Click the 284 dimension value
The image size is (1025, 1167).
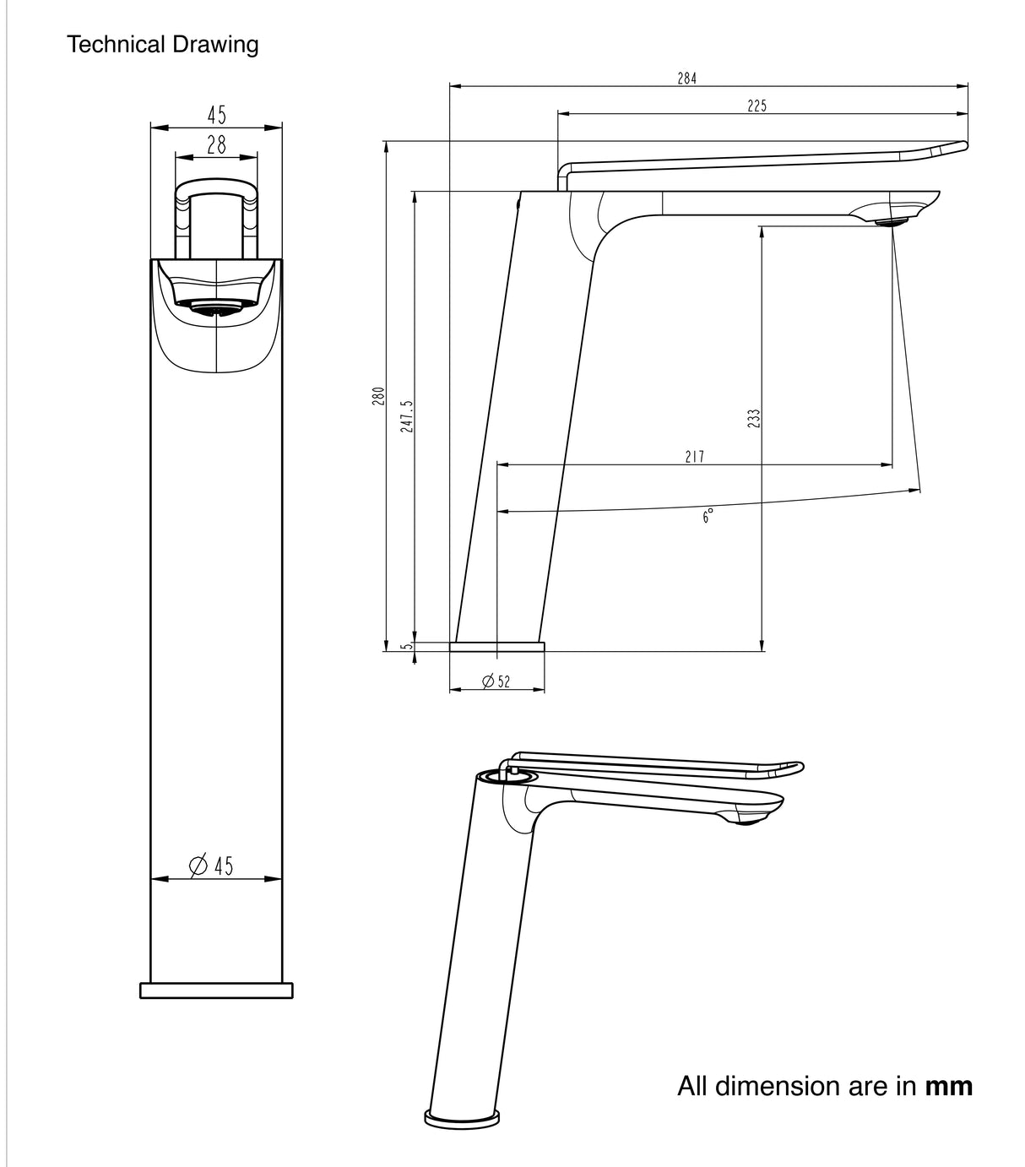click(x=686, y=79)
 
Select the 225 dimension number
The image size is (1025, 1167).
click(x=757, y=106)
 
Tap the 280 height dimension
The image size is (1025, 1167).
click(x=379, y=396)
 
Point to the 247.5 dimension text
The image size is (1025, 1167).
click(x=408, y=416)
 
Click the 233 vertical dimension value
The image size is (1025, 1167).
click(x=754, y=418)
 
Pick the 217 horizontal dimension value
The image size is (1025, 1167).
click(x=694, y=457)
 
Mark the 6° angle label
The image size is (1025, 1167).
click(x=708, y=516)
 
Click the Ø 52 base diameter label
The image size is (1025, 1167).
click(x=496, y=681)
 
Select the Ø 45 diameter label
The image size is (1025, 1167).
click(x=212, y=866)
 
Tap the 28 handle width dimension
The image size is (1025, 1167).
click(x=216, y=144)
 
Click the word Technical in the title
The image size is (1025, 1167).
click(x=117, y=44)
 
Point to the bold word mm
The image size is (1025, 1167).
click(x=949, y=1086)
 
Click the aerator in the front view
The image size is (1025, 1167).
click(x=216, y=308)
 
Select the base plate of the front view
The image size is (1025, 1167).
click(x=216, y=991)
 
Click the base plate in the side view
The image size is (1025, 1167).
click(x=496, y=647)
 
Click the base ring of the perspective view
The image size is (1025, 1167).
click(x=461, y=1119)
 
